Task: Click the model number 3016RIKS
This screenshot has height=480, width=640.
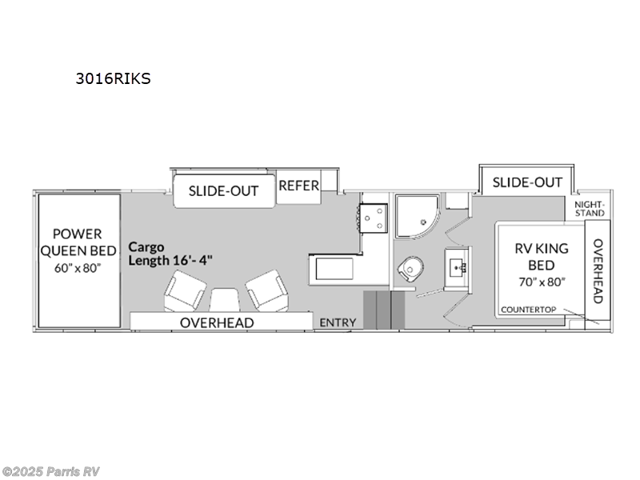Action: pyautogui.click(x=112, y=78)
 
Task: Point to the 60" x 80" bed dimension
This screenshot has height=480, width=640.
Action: pyautogui.click(x=78, y=268)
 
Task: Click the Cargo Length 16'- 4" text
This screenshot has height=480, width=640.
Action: pyautogui.click(x=170, y=254)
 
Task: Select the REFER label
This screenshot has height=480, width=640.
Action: pyautogui.click(x=298, y=186)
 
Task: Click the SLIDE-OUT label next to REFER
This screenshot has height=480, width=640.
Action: pyautogui.click(x=223, y=191)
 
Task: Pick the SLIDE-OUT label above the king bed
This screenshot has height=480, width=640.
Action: pyautogui.click(x=527, y=182)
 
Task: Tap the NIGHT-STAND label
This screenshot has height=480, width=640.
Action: pyautogui.click(x=590, y=208)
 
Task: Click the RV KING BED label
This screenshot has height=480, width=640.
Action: pyautogui.click(x=540, y=256)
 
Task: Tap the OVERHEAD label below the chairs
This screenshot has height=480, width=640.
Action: pyautogui.click(x=216, y=322)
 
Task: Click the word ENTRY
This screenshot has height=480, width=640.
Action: pyautogui.click(x=338, y=322)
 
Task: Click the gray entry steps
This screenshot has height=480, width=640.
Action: pyautogui.click(x=383, y=310)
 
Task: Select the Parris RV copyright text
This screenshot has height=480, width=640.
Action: pyautogui.click(x=51, y=471)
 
